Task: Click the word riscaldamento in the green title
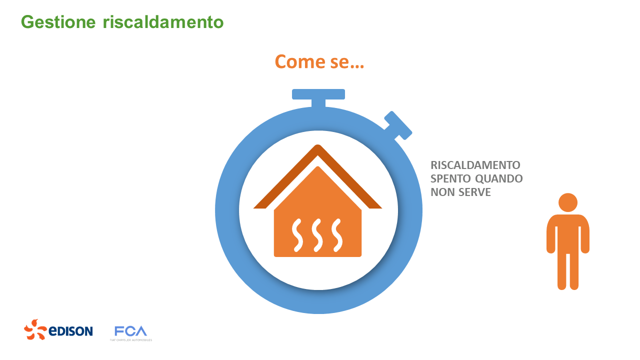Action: pos(163,22)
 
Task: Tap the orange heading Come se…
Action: pos(319,61)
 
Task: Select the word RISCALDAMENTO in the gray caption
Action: pos(475,165)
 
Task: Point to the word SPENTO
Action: pos(448,178)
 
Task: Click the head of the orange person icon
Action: pos(568,202)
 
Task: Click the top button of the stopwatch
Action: pos(318,94)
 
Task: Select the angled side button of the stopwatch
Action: pos(398,125)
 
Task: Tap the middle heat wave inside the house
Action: pos(317,234)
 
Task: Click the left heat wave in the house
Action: pos(297,234)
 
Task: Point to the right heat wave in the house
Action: pos(337,234)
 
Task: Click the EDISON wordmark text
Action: pos(70,331)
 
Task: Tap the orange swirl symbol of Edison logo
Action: pos(35,329)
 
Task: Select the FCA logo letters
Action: pos(130,331)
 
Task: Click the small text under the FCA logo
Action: pos(131,340)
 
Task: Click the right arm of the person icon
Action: pos(585,235)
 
